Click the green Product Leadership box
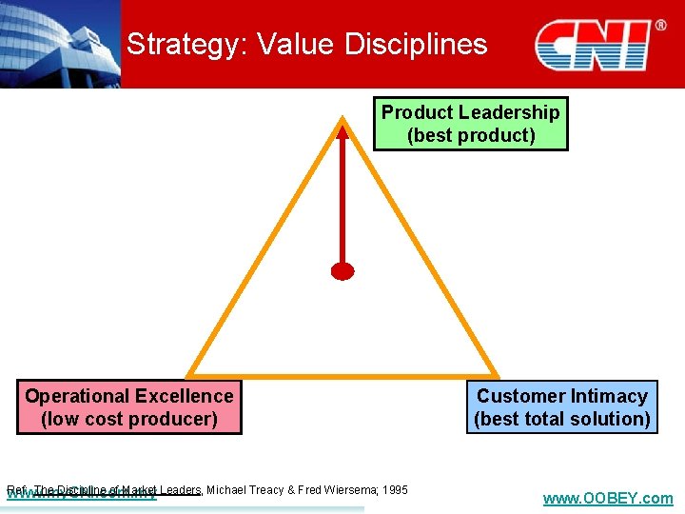[x=470, y=124]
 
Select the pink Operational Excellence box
[x=129, y=407]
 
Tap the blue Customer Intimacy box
[x=561, y=407]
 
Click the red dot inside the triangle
[x=342, y=271]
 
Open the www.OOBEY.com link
[x=607, y=498]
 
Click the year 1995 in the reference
[x=393, y=490]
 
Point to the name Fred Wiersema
[x=337, y=490]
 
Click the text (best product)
[x=471, y=135]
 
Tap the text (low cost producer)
[x=129, y=419]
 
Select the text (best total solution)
[x=561, y=419]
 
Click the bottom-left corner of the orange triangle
[x=189, y=374]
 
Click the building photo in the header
[x=59, y=43]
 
